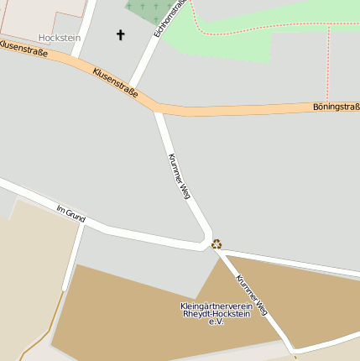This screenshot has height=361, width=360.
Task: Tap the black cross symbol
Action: [x=120, y=35]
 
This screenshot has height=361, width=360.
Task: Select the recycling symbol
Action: [x=217, y=243]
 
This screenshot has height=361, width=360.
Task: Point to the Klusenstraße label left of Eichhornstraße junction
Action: [x=115, y=83]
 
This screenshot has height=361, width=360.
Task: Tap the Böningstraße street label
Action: [x=336, y=107]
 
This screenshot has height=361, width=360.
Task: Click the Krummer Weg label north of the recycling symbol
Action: [x=180, y=175]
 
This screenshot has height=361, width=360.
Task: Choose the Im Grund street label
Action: [x=71, y=212]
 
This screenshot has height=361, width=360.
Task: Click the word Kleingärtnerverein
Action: [x=217, y=306]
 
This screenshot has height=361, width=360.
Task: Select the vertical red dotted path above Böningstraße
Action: [x=329, y=63]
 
